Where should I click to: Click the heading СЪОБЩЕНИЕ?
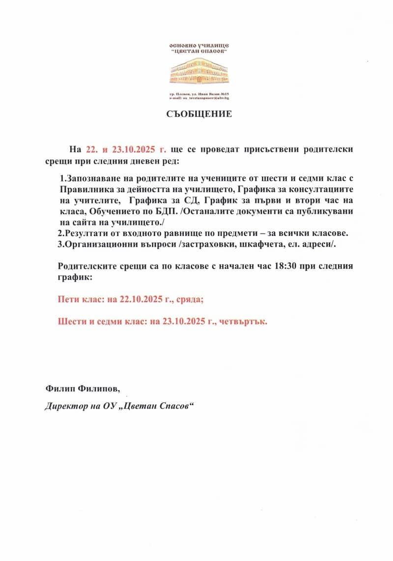pos(198,114)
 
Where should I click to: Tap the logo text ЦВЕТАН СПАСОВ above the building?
pos(199,51)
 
